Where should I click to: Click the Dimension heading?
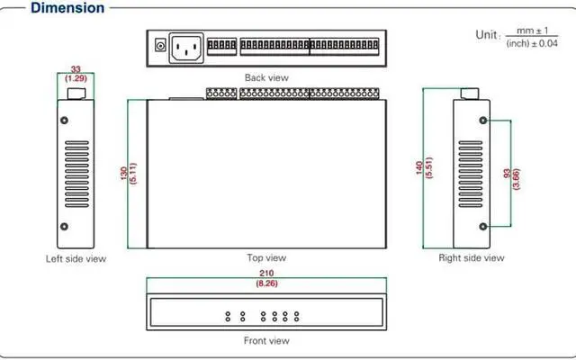click(x=67, y=8)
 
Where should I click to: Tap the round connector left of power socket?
click(x=160, y=45)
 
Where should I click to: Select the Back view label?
click(x=266, y=77)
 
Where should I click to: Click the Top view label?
click(x=265, y=258)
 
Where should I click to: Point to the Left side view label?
click(x=76, y=259)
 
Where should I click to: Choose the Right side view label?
click(x=471, y=258)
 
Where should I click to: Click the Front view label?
click(x=266, y=341)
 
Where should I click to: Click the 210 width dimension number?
click(x=266, y=273)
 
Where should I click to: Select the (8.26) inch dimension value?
click(x=266, y=283)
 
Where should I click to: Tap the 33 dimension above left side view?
click(x=76, y=69)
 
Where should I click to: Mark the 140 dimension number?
click(x=420, y=169)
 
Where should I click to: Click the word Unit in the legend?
click(x=485, y=34)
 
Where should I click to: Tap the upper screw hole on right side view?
click(x=483, y=119)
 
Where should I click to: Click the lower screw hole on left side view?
click(x=65, y=226)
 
